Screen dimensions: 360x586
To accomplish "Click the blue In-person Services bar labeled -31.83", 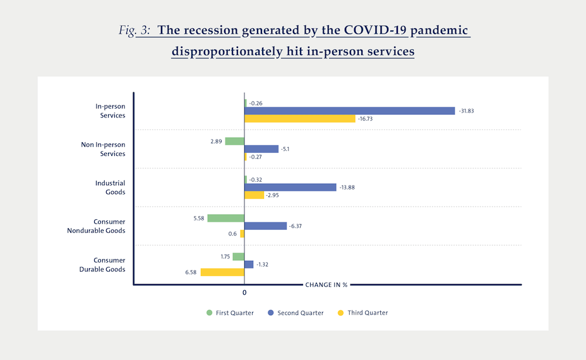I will [349, 111].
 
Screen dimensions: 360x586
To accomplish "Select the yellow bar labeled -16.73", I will [300, 119].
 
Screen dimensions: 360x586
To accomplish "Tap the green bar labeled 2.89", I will [234, 141].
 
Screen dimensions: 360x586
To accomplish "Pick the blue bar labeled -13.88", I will [290, 187].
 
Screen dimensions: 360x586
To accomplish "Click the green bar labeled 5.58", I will [225, 218].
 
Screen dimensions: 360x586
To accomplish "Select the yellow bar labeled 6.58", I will [222, 272].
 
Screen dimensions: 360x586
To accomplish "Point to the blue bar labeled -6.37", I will [265, 225].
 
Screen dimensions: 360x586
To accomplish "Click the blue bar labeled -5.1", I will [261, 149].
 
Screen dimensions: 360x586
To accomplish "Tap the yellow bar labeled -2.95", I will [254, 195].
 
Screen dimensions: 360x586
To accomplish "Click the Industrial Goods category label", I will [110, 188].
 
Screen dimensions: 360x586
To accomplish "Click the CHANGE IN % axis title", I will [326, 285].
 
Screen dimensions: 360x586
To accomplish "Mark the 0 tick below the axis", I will [244, 293].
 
